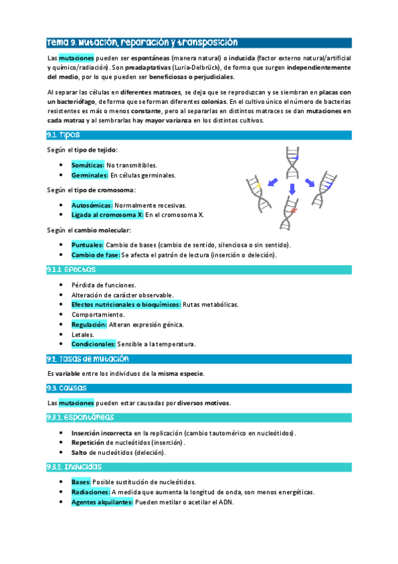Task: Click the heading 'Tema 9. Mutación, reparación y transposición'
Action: (142, 42)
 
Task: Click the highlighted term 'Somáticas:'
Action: (88, 164)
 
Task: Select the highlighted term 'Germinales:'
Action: (90, 175)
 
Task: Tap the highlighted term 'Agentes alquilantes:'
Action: (102, 502)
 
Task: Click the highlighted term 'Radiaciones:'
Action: (90, 492)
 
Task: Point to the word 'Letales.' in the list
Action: (83, 335)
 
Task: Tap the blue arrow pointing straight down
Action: (291, 190)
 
